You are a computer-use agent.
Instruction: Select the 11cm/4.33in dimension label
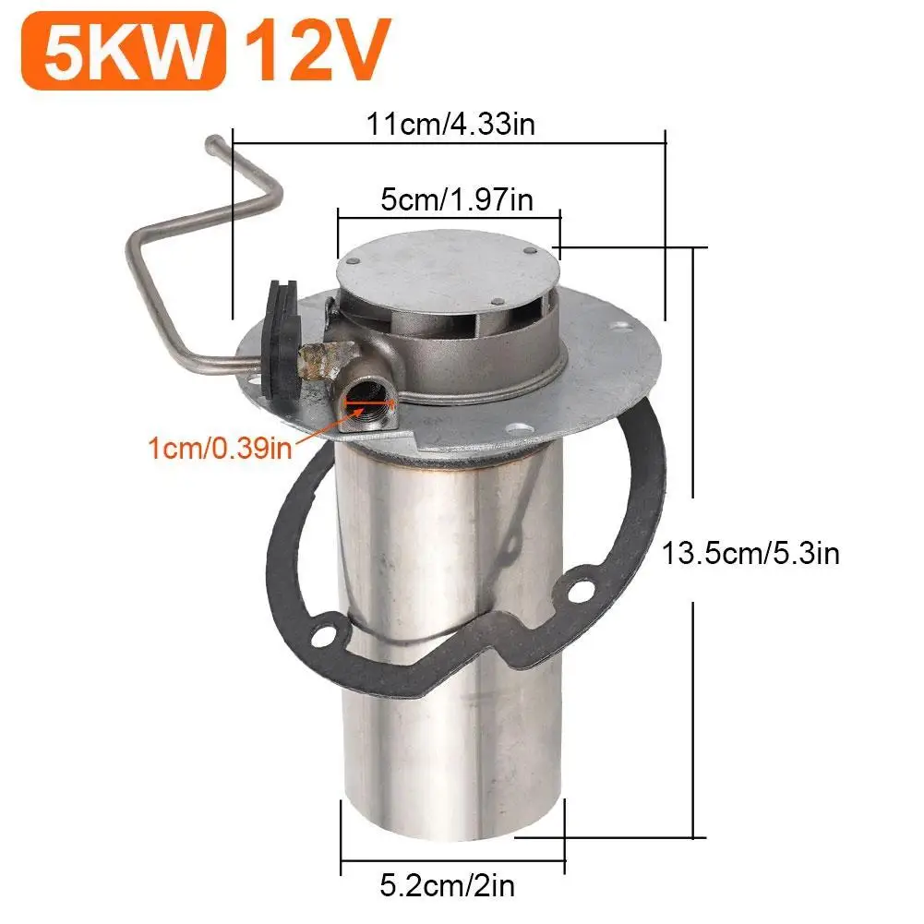pos(450,124)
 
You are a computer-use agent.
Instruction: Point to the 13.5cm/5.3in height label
pos(750,555)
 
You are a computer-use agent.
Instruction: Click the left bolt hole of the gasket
pos(324,635)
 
